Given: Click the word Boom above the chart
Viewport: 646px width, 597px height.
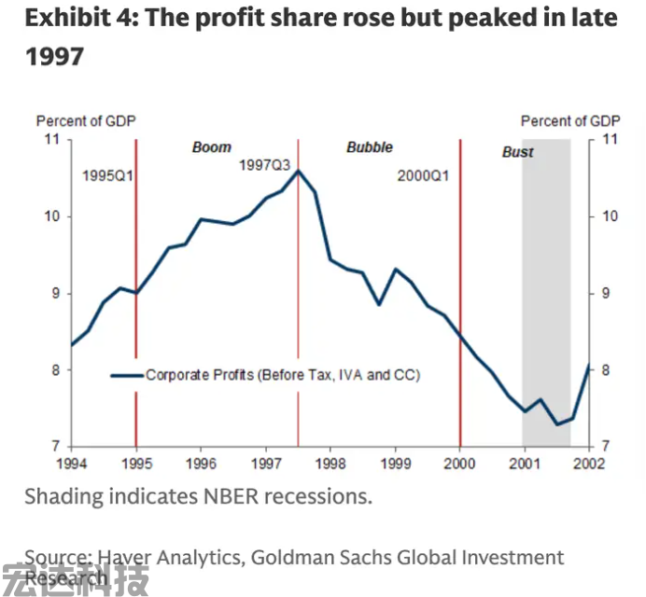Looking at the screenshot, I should pos(211,147).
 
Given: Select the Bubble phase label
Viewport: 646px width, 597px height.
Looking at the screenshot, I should pos(370,147).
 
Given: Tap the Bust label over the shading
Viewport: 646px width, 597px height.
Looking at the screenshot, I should pos(518,152).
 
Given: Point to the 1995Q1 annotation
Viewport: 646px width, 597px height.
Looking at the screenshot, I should pos(108,174).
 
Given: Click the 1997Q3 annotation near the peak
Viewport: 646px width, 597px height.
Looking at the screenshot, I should pos(265,164).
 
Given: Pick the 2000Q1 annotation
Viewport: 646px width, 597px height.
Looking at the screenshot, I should pos(424,174).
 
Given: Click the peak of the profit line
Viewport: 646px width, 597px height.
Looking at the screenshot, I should pos(298,171).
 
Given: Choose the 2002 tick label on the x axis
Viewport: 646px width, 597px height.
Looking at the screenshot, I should pos(588,463).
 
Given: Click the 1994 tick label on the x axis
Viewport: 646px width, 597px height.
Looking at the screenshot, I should pos(72,463).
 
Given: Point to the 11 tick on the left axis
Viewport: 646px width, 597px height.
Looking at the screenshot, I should pos(51,139).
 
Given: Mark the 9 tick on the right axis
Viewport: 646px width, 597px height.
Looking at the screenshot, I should pos(608,294).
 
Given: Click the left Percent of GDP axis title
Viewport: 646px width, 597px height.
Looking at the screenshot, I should pos(86,121).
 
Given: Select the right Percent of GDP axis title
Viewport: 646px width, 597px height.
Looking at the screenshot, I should pos(570,121).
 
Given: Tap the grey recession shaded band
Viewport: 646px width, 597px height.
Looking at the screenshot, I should pos(546,280).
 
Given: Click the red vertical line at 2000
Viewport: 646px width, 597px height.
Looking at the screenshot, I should pos(460,280).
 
